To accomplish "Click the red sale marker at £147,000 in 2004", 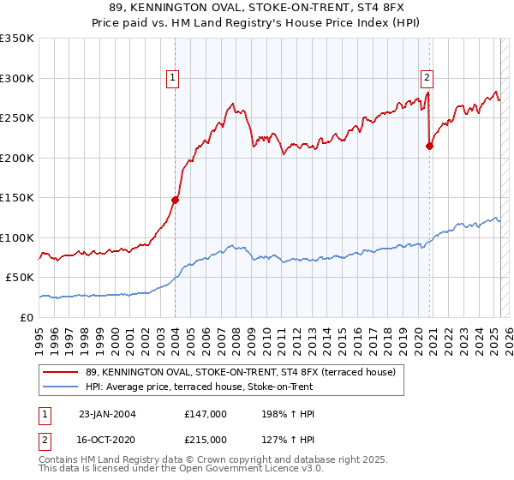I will click(175, 200).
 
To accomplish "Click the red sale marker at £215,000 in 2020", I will click(429, 146).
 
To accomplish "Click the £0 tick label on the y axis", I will click(25, 317).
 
